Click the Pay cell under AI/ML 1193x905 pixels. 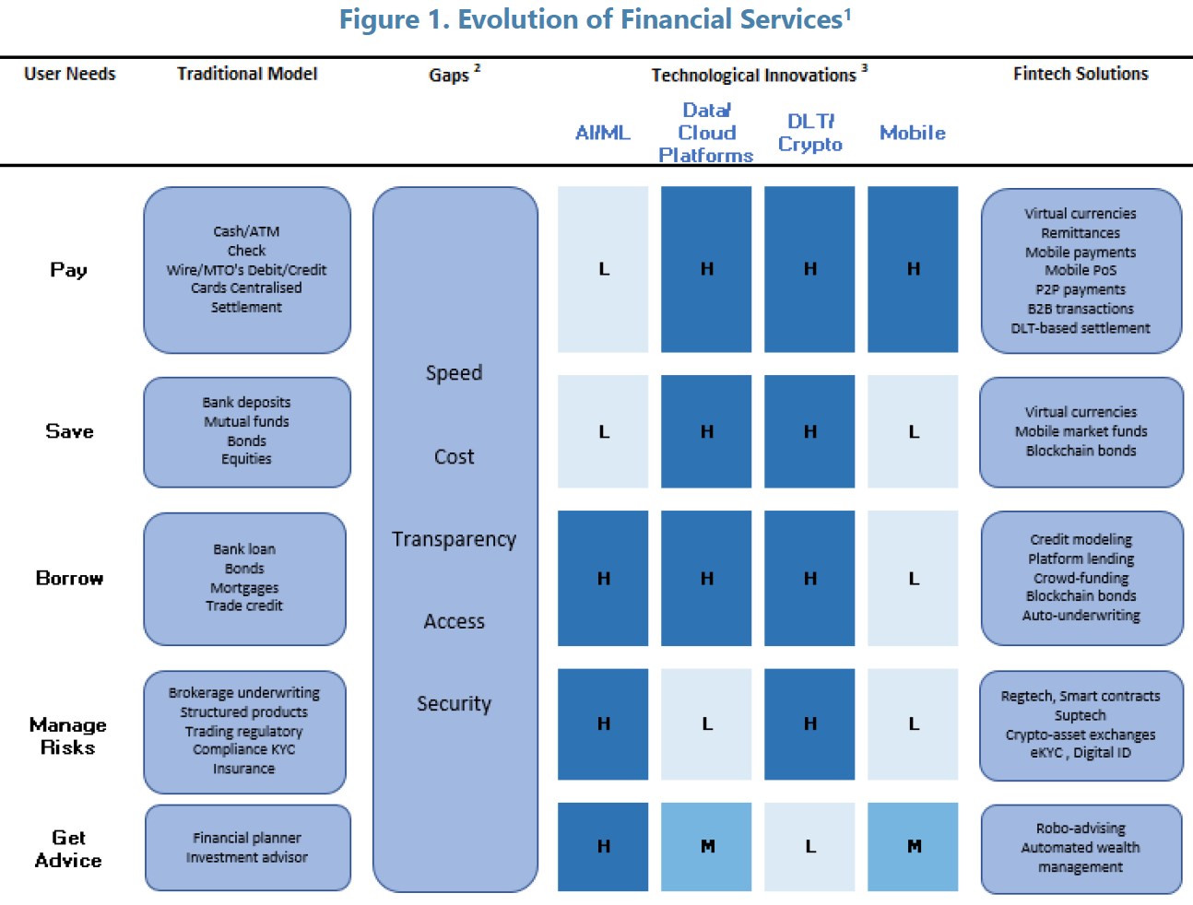(x=603, y=269)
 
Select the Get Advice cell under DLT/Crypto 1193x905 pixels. (x=809, y=846)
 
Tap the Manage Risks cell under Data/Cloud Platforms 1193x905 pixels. (x=706, y=723)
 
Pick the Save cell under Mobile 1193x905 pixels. (x=913, y=431)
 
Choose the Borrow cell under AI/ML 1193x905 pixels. (x=603, y=578)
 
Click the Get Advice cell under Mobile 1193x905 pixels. (x=913, y=846)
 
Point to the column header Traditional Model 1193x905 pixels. (x=247, y=74)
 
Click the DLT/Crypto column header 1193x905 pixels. (x=809, y=133)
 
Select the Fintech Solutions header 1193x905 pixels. (x=1081, y=74)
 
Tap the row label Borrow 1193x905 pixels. (x=69, y=578)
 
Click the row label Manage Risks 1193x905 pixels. (x=68, y=735)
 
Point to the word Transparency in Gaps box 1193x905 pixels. (x=455, y=539)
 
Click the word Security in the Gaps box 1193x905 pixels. (x=455, y=703)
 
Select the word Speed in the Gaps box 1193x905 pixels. (x=455, y=373)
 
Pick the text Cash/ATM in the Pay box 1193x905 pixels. (x=246, y=231)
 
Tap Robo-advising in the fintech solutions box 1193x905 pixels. (x=1081, y=828)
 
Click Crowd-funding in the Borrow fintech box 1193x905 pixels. (x=1081, y=578)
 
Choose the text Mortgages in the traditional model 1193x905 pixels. (x=244, y=588)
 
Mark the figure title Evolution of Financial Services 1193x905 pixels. (x=596, y=19)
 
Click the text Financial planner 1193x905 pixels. (x=247, y=838)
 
